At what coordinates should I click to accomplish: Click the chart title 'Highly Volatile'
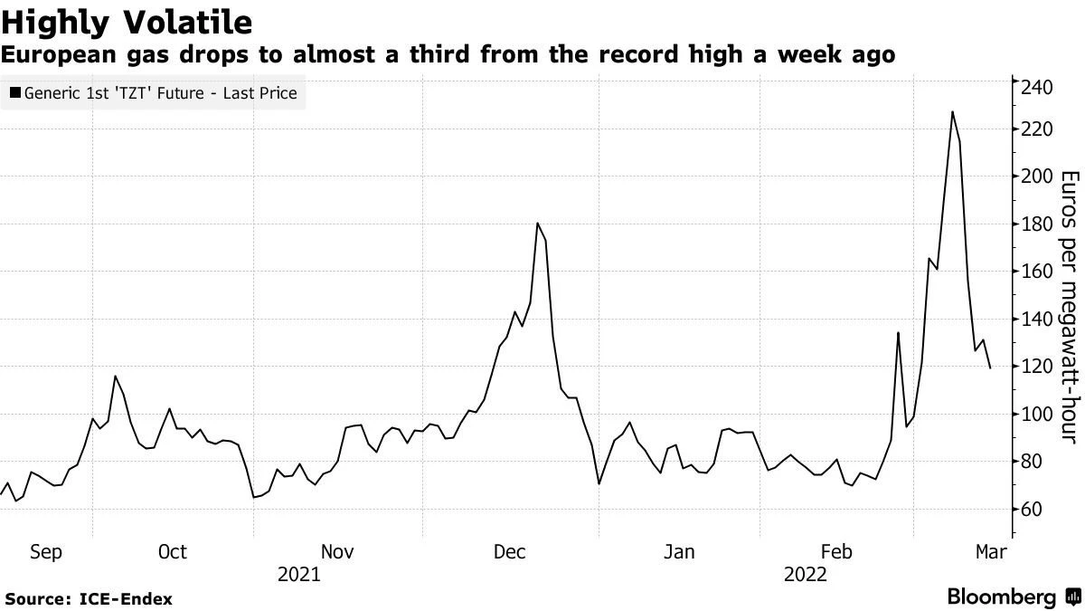coord(127,20)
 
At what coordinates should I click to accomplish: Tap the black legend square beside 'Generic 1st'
coord(14,92)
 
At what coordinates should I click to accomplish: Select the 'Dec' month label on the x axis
coord(509,552)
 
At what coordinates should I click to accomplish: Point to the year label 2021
coord(298,574)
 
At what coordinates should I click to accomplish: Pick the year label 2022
coord(805,574)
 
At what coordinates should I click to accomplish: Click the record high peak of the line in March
coord(952,111)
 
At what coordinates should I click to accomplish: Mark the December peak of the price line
coord(538,223)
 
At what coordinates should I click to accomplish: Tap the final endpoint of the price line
coord(990,368)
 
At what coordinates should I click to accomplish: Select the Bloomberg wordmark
coord(1001,597)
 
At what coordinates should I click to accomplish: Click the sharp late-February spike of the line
coord(898,333)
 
